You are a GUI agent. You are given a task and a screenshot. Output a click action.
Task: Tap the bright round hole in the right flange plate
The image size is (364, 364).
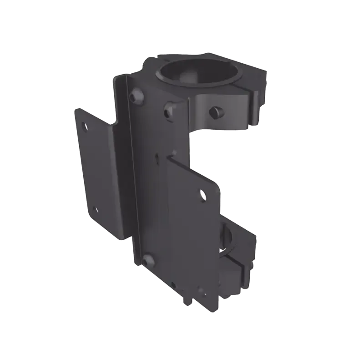(x=202, y=195)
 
